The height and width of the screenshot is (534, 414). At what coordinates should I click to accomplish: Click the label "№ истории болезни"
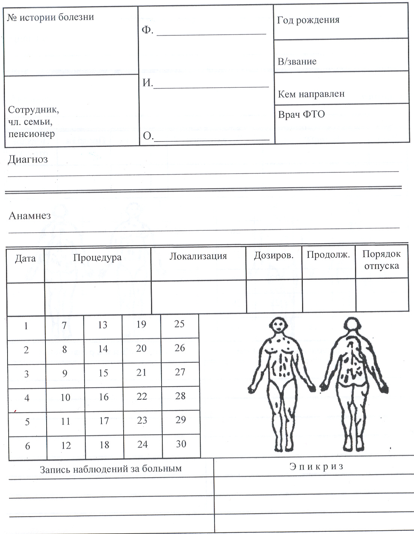[50, 17]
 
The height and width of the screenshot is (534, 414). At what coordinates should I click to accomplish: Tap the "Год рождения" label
[308, 20]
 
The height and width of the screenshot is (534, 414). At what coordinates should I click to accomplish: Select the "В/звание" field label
[297, 62]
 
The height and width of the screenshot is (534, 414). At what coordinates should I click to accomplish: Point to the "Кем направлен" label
[311, 94]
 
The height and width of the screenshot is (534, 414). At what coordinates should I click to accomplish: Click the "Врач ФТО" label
[301, 114]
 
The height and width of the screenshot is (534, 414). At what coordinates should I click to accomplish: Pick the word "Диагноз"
[28, 159]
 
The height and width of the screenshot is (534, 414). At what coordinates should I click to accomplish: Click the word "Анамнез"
[30, 216]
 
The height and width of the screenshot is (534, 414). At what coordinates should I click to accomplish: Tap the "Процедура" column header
[97, 258]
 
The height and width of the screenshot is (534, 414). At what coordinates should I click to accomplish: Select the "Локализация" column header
[198, 256]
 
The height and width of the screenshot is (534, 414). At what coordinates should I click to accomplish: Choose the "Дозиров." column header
[273, 256]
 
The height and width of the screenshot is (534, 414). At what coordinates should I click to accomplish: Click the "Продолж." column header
[328, 255]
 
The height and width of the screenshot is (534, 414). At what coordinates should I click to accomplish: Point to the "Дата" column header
[25, 259]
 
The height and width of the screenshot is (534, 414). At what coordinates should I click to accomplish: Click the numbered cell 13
[103, 325]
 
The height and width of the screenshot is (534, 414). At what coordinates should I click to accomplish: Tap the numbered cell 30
[181, 444]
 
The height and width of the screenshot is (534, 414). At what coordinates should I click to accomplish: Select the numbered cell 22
[142, 397]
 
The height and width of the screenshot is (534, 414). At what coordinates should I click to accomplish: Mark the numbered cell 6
[27, 446]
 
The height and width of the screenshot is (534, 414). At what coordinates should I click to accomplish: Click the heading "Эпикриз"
[316, 466]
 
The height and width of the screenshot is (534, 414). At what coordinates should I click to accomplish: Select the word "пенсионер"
[32, 134]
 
